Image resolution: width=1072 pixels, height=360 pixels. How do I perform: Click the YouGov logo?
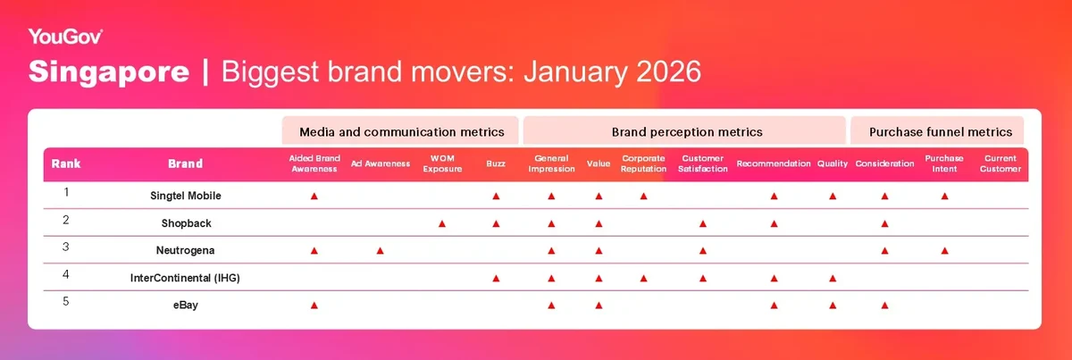65,37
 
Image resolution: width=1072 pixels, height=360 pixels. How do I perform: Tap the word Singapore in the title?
109,71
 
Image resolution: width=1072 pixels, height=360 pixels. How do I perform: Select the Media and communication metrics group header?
401,131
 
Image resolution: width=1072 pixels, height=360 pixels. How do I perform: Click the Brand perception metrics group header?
687,131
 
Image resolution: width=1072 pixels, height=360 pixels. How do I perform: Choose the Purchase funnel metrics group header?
941,131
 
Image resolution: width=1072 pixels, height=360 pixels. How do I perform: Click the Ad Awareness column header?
381,163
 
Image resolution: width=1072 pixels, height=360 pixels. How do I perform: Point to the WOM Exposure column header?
442,163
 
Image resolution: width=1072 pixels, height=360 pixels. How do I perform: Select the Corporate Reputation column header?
643,163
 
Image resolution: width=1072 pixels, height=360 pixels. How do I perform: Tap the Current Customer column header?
1001,163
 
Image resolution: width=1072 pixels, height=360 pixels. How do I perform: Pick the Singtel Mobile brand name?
186,196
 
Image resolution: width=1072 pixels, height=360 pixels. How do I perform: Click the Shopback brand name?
186,223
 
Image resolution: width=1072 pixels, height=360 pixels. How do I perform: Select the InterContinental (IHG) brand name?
185,278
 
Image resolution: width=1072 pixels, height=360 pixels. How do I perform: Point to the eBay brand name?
186,305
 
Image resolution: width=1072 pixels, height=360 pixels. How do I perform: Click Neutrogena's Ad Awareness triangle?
380,251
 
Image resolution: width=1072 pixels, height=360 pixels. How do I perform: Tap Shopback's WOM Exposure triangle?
442,223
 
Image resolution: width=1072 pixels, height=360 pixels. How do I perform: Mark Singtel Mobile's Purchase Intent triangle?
945,197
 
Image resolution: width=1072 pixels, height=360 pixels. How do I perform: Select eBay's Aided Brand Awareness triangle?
314,306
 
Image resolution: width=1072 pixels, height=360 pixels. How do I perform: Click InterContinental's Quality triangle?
833,278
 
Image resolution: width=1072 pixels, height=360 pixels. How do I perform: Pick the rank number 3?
66,247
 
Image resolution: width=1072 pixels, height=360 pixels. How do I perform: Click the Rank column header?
66,163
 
